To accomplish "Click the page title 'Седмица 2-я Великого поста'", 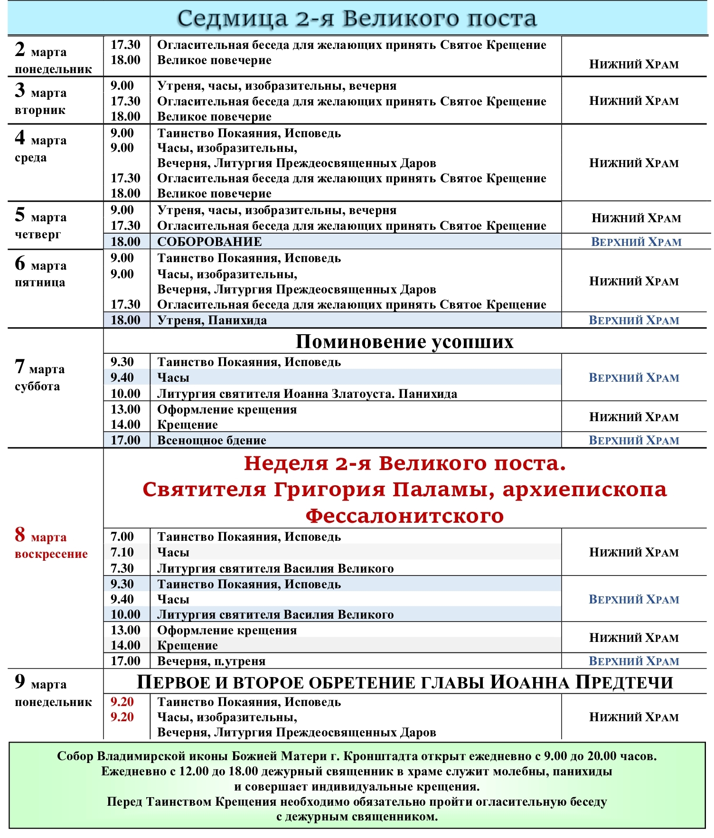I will point(357,19).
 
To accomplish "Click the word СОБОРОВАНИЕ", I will point(209,242).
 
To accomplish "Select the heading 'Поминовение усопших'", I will point(404,341).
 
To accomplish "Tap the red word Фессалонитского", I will point(404,516).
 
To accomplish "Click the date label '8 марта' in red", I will point(41,536).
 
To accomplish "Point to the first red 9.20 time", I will point(122,702).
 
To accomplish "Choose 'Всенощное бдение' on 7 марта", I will point(212,440).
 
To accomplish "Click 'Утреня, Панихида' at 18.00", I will point(212,320).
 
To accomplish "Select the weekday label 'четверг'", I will point(38,235).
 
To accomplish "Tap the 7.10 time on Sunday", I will point(122,552).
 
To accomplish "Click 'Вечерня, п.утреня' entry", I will point(211,661).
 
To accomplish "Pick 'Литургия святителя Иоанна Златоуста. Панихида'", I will point(307,394).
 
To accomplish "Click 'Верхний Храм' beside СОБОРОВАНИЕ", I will point(636,242).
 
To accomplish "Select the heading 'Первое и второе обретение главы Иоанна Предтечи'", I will point(404,683).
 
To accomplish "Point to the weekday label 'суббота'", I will point(38,386).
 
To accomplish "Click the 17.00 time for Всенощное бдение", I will point(125,440).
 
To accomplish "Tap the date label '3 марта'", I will point(41,91).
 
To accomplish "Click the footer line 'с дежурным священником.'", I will point(357,817).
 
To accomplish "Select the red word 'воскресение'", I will point(51,554).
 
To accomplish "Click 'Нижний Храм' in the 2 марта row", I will point(634,65).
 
